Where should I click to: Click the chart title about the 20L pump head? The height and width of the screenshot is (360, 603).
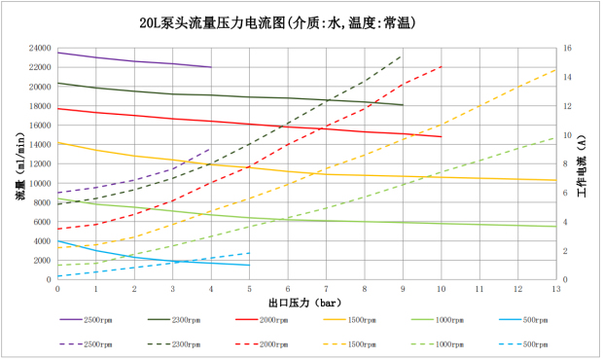click(277, 23)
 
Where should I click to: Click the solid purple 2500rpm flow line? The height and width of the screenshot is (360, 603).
click(134, 61)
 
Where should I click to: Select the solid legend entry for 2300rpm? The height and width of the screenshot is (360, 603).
click(174, 320)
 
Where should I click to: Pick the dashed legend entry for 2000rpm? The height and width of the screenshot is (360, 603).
click(262, 344)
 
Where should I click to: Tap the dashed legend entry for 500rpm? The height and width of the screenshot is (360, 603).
click(523, 344)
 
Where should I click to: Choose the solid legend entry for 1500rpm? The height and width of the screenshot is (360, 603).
click(349, 320)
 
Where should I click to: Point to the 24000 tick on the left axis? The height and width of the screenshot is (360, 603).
click(40, 48)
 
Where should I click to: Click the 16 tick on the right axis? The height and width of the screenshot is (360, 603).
click(567, 48)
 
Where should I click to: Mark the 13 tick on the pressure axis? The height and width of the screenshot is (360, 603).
click(556, 289)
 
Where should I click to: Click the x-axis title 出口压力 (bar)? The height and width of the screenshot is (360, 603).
click(304, 303)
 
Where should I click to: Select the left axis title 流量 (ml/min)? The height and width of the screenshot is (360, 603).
click(20, 166)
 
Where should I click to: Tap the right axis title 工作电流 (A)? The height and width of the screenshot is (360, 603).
click(582, 166)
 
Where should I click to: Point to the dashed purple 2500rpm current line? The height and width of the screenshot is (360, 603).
click(134, 180)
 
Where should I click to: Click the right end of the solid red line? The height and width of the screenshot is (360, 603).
click(442, 136)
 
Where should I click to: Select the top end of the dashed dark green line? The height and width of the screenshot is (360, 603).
click(402, 56)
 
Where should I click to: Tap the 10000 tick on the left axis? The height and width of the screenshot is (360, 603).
click(40, 183)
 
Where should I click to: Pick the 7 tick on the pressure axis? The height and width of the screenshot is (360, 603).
click(326, 289)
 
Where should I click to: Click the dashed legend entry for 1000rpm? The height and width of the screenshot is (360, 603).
click(438, 344)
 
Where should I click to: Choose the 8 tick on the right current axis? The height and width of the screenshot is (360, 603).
click(565, 163)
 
